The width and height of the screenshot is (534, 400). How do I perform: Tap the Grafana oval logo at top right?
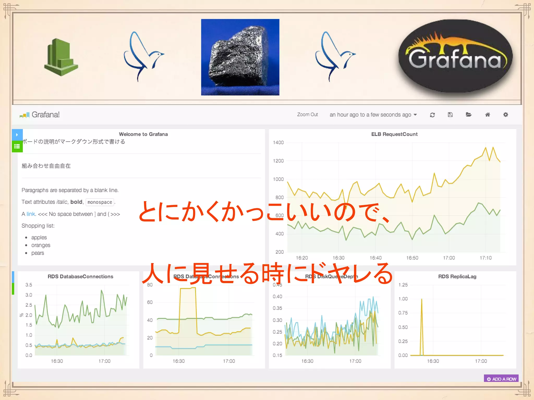455,57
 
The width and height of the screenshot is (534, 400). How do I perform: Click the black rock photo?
240,57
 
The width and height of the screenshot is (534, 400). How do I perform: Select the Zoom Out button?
307,115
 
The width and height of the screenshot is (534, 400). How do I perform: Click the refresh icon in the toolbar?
432,115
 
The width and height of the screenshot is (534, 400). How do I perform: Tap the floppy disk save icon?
450,115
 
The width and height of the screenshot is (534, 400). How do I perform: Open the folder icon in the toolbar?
469,115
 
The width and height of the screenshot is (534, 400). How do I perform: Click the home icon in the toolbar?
487,115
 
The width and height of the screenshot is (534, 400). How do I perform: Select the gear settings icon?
506,115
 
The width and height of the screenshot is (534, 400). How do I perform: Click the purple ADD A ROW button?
501,379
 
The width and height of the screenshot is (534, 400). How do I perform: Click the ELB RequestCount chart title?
394,134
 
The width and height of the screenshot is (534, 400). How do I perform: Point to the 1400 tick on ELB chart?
278,142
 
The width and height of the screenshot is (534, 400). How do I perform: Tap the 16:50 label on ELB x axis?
412,258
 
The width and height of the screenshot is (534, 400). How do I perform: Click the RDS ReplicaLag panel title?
457,277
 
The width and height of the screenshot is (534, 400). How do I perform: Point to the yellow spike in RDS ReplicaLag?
422,312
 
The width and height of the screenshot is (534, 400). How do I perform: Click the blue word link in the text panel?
31,214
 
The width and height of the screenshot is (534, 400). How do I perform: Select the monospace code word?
100,202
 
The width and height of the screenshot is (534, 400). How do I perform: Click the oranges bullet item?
41,245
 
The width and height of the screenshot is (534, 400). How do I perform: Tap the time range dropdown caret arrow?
415,115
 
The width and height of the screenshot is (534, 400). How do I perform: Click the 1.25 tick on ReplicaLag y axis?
403,285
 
